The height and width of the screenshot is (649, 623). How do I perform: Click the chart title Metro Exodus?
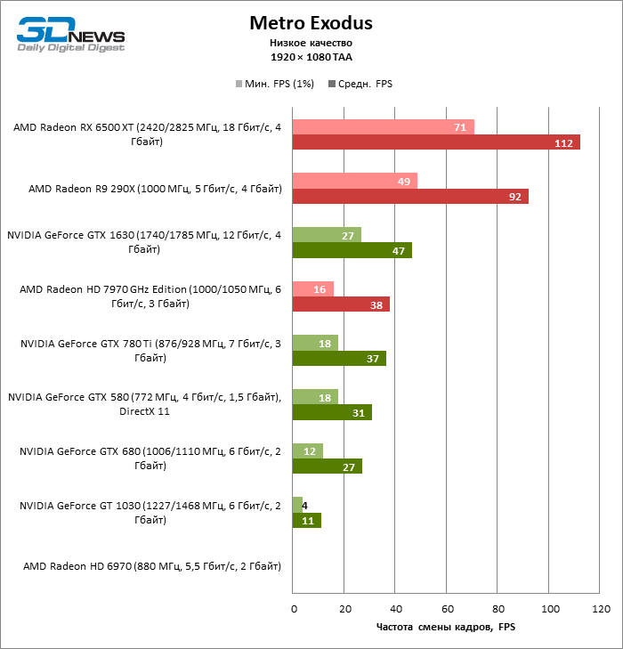pyautogui.click(x=311, y=22)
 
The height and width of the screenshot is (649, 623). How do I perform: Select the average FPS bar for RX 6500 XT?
pyautogui.click(x=436, y=142)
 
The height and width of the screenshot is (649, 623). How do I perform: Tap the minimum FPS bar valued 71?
pyautogui.click(x=383, y=126)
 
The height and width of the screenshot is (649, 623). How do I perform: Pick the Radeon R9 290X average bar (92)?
pyautogui.click(x=410, y=197)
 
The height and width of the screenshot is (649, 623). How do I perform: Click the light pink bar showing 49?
pyautogui.click(x=354, y=181)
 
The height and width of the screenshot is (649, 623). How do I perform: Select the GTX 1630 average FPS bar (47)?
pyautogui.click(x=352, y=250)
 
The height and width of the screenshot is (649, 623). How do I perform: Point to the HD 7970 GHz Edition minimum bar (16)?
pyautogui.click(x=313, y=288)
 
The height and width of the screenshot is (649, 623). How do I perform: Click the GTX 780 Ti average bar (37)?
pyautogui.click(x=339, y=358)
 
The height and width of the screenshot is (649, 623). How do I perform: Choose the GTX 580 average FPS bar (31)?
pyautogui.click(x=332, y=412)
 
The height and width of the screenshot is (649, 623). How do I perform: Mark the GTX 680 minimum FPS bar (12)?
pyautogui.click(x=308, y=450)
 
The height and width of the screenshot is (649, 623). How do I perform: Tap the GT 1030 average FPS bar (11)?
pyautogui.click(x=306, y=520)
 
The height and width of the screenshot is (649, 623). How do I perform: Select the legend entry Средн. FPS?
pyautogui.click(x=360, y=85)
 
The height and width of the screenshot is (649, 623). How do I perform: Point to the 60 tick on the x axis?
pyautogui.click(x=448, y=609)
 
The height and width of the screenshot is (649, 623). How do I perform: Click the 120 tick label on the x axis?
pyautogui.click(x=602, y=609)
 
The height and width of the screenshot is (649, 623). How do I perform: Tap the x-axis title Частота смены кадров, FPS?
pyautogui.click(x=446, y=628)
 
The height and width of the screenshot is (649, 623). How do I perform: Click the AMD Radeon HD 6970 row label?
pyautogui.click(x=152, y=566)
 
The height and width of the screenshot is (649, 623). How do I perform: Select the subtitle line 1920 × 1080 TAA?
pyautogui.click(x=311, y=56)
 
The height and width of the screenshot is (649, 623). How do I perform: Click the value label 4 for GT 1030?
pyautogui.click(x=305, y=505)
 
